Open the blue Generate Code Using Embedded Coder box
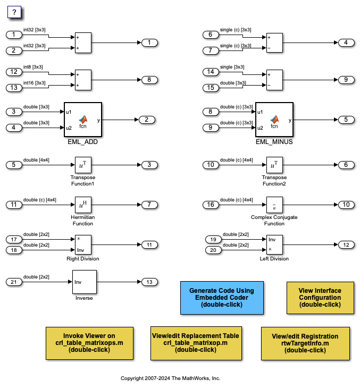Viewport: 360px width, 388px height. [222, 298]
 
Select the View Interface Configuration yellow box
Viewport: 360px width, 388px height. [320, 298]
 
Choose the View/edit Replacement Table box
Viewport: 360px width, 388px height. [195, 343]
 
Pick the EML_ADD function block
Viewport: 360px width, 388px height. [82, 120]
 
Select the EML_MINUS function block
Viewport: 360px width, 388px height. [274, 120]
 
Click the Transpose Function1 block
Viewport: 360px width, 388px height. [82, 165]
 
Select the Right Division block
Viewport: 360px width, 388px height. [82, 245]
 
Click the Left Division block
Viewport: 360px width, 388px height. [274, 244]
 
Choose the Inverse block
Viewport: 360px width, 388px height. [85, 282]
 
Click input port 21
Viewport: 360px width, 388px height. [14, 282]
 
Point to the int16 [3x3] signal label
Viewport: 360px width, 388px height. [33, 82]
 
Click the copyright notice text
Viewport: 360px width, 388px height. [170, 378]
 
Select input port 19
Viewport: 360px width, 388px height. [213, 239]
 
